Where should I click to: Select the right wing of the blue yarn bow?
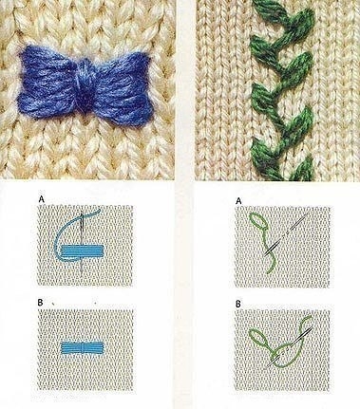pyautogui.click(x=122, y=85)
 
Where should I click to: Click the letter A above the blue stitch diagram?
pyautogui.click(x=41, y=199)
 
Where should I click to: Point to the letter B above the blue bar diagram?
pyautogui.click(x=40, y=303)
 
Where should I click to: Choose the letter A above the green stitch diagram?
pyautogui.click(x=238, y=200)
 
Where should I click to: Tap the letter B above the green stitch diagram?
pyautogui.click(x=237, y=304)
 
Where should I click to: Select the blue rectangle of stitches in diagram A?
pyautogui.click(x=83, y=251)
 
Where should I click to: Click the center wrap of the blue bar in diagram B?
pyautogui.click(x=83, y=348)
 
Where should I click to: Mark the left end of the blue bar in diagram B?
pyautogui.click(x=61, y=348)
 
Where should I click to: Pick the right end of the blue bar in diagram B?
pyautogui.click(x=103, y=348)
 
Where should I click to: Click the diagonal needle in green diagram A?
pyautogui.click(x=286, y=234)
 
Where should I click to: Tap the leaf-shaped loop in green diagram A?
pyautogui.click(x=258, y=220)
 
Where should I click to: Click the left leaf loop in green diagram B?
pyautogui.click(x=258, y=337)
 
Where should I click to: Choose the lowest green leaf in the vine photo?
pyautogui.click(x=303, y=170)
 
